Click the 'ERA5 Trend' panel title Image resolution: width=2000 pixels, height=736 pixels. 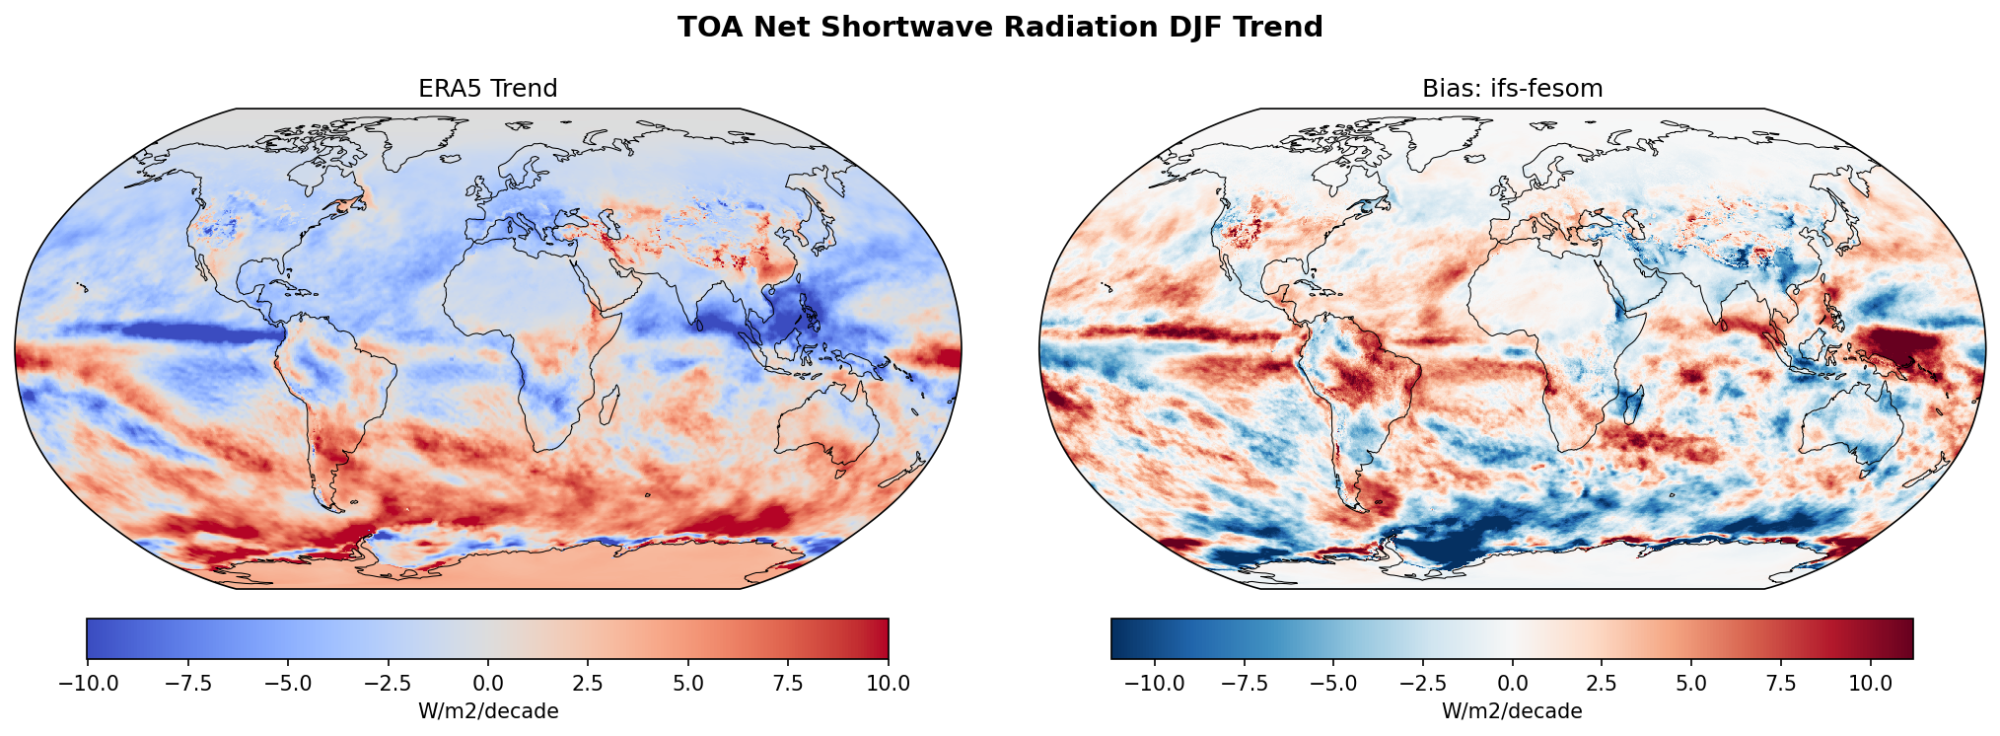coord(487,89)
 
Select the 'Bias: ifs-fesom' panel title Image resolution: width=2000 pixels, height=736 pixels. coord(1512,89)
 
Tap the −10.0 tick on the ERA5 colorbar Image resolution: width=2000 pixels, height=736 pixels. coord(87,683)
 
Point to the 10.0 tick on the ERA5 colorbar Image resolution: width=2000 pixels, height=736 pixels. coord(889,683)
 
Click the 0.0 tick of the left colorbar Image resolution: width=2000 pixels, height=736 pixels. coord(487,683)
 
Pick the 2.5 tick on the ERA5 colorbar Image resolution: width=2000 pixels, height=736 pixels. coord(588,683)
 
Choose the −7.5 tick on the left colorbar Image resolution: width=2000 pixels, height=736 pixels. coord(187,683)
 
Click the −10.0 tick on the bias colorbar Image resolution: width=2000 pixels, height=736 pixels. coord(1155,683)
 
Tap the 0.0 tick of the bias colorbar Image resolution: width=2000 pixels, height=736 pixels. coord(1512,683)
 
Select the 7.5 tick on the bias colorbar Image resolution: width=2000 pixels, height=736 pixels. coord(1780,683)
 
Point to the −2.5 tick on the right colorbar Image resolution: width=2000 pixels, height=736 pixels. coord(1423,683)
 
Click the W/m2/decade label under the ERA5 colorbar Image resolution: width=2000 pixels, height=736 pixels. coord(487,711)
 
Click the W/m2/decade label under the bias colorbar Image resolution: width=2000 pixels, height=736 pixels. coord(1512,711)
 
